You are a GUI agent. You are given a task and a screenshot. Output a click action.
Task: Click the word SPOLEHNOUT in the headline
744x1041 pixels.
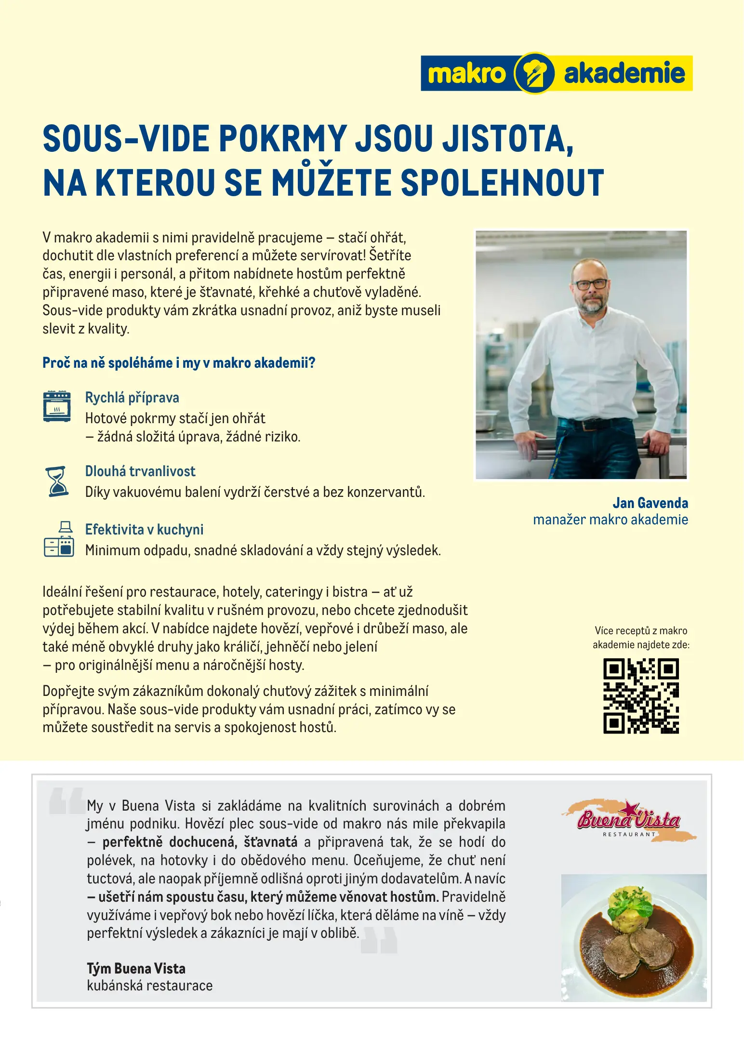pos(502,183)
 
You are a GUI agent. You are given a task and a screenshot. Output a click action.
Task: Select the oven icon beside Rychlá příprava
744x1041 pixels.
pos(57,406)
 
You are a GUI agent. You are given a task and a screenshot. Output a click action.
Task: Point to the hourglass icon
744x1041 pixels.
pos(58,481)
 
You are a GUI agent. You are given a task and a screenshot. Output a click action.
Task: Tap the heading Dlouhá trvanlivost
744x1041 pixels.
pos(140,471)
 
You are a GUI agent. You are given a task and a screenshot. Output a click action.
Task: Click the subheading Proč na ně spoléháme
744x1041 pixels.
pos(179,362)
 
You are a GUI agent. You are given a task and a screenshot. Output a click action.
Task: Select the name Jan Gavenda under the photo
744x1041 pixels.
pos(650,503)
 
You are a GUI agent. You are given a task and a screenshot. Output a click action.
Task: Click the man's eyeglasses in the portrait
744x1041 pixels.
pos(591,283)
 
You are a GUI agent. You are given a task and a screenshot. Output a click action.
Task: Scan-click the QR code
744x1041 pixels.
pos(641,696)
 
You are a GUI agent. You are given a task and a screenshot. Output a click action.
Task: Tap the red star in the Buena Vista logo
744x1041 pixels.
pos(630,807)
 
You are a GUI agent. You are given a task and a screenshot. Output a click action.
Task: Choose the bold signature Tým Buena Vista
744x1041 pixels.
pos(136,968)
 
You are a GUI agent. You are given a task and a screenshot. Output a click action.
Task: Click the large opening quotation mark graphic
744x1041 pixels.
pos(67,801)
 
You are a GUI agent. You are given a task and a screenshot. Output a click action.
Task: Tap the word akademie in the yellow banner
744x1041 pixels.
pos(624,74)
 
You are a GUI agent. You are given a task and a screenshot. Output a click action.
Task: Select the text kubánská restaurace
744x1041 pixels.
pos(149,986)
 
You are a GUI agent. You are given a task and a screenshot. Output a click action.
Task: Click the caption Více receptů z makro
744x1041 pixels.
pos(641,630)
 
